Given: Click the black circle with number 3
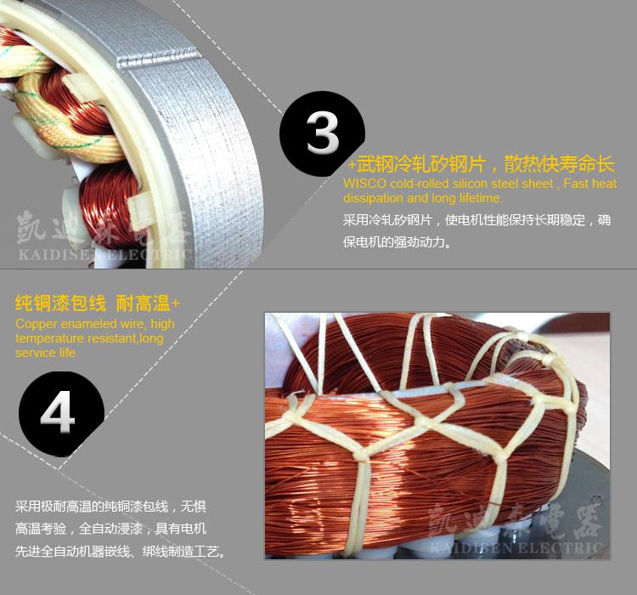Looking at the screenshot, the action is [x=322, y=133].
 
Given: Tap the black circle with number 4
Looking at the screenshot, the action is [x=61, y=414].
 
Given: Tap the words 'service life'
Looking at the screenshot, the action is [x=45, y=353].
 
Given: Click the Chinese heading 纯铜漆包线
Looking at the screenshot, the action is [x=60, y=303].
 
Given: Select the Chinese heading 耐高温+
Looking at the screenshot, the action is [x=148, y=303].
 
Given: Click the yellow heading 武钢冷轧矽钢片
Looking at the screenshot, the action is [x=421, y=164].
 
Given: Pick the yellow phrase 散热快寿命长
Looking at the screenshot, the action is [x=560, y=164].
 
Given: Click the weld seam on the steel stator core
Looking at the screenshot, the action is [x=158, y=58].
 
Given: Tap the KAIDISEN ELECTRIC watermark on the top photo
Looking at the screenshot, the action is [x=104, y=255].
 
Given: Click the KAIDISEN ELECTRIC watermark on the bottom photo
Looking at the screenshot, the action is [x=516, y=547].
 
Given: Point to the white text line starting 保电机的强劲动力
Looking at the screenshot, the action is [x=397, y=242].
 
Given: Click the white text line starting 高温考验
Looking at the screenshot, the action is [x=111, y=529].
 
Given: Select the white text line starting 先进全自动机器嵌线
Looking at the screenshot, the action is [x=121, y=552].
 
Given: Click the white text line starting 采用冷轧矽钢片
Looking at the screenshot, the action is [x=477, y=220].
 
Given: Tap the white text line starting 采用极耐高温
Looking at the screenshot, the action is [x=111, y=507].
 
